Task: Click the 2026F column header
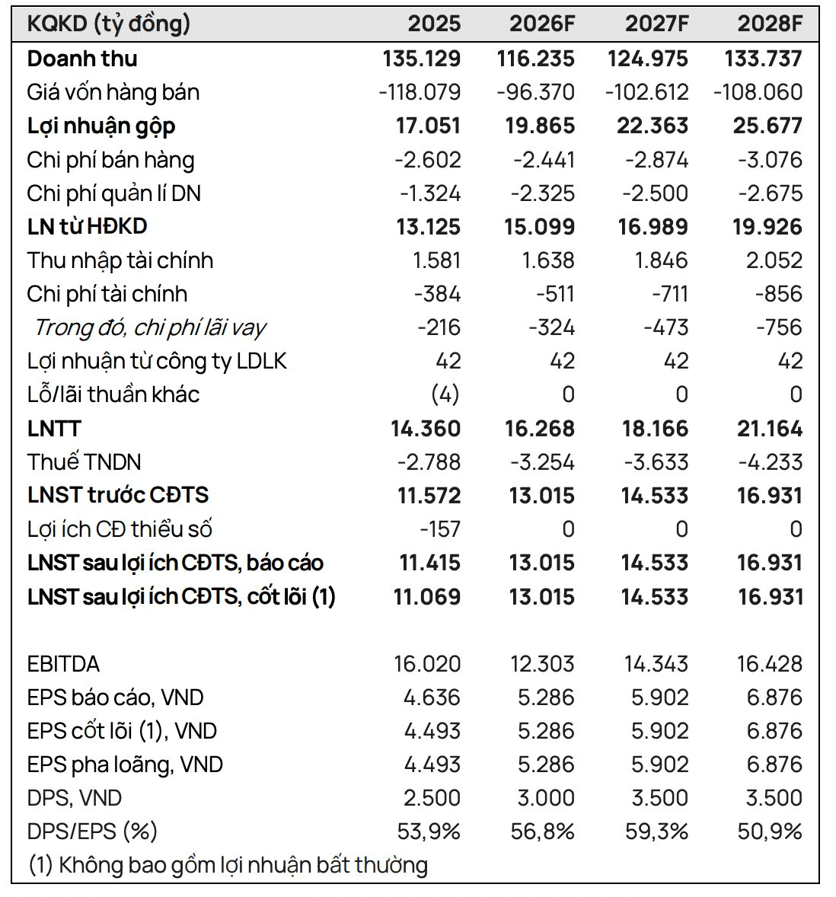coord(541,24)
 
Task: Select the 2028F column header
coord(770,24)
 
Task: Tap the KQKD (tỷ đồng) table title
coord(109,24)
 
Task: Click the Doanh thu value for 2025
coord(422,59)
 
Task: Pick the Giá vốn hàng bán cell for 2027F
coord(646,92)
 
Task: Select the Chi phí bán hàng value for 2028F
coord(770,160)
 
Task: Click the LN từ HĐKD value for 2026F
coord(539,227)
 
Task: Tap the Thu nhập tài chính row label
coord(120,261)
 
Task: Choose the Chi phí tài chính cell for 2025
coord(438,294)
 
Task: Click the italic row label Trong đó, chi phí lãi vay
coord(150,327)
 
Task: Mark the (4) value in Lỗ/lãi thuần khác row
coord(445,394)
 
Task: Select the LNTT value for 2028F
coord(770,429)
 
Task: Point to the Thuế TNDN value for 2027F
coord(656,462)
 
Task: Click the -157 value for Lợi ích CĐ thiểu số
coord(440,529)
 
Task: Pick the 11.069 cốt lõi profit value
coord(426,597)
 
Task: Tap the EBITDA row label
coord(63,664)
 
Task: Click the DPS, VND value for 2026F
coord(545,798)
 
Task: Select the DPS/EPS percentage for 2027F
coord(656,832)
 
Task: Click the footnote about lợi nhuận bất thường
coord(228,866)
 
